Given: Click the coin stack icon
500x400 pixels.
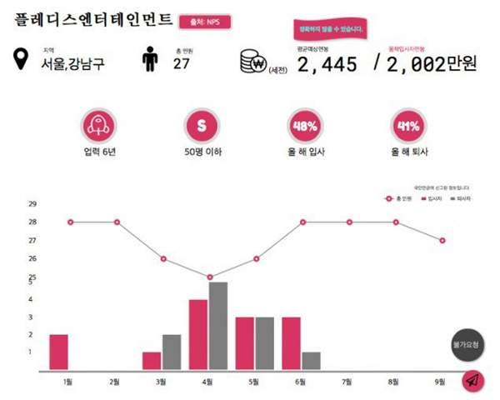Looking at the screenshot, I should coord(251,62).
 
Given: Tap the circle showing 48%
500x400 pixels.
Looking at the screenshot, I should coord(304,127).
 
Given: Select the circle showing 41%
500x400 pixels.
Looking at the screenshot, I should coord(408,127).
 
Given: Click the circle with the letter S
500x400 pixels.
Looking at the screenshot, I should coord(200,127).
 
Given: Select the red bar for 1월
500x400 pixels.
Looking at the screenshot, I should coord(59,352).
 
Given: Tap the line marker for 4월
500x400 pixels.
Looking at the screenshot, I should coord(210,277).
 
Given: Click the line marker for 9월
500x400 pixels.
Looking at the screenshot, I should coord(442,240).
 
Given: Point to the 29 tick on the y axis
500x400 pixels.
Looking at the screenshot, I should coord(32,203).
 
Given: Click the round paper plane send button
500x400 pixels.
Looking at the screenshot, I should coord(472,380).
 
